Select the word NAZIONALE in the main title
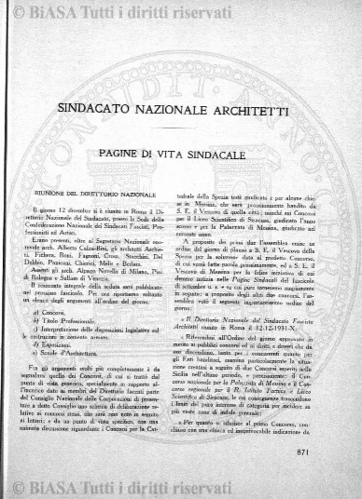pos(182,107)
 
